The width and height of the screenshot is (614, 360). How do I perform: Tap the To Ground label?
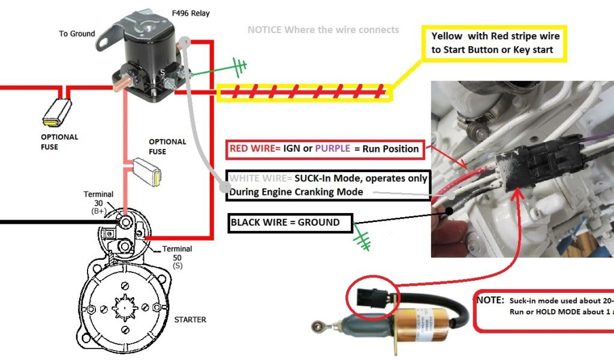[77, 34]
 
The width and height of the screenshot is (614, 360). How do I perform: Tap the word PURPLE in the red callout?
[333, 148]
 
